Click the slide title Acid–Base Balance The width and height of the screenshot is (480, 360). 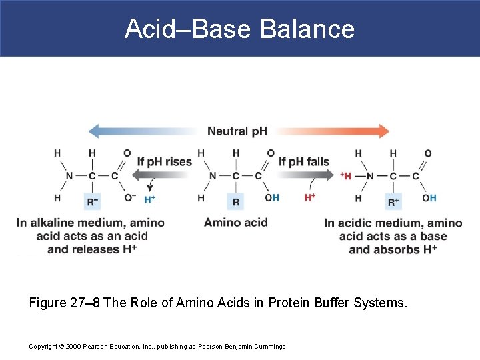click(x=239, y=29)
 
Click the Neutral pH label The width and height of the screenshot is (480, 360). click(x=237, y=131)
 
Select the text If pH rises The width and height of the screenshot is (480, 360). click(x=164, y=161)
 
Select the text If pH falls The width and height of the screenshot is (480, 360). click(x=304, y=161)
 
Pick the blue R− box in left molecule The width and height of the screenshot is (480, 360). click(x=92, y=199)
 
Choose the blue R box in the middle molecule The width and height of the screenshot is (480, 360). click(x=235, y=199)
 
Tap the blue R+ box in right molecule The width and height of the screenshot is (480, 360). click(x=393, y=199)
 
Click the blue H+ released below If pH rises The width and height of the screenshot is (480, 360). click(x=150, y=199)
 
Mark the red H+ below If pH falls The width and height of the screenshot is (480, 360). click(x=310, y=198)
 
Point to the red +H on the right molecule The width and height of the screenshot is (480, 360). click(x=346, y=175)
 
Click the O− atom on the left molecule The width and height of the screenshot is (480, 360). click(x=129, y=197)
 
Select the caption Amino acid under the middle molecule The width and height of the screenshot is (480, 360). click(x=235, y=222)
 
